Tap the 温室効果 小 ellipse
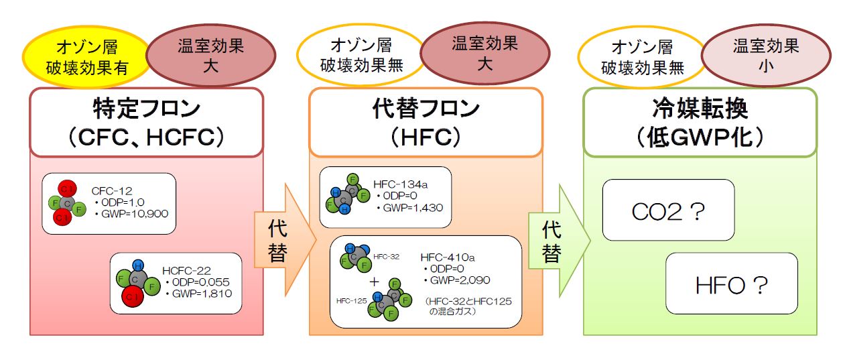click(765, 58)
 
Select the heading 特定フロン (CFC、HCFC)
click(145, 122)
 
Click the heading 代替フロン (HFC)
click(426, 122)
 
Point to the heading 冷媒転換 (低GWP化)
click(700, 122)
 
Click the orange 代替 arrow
click(282, 242)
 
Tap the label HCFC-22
click(186, 270)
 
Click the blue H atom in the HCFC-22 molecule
click(138, 265)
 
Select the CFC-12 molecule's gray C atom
click(66, 202)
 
